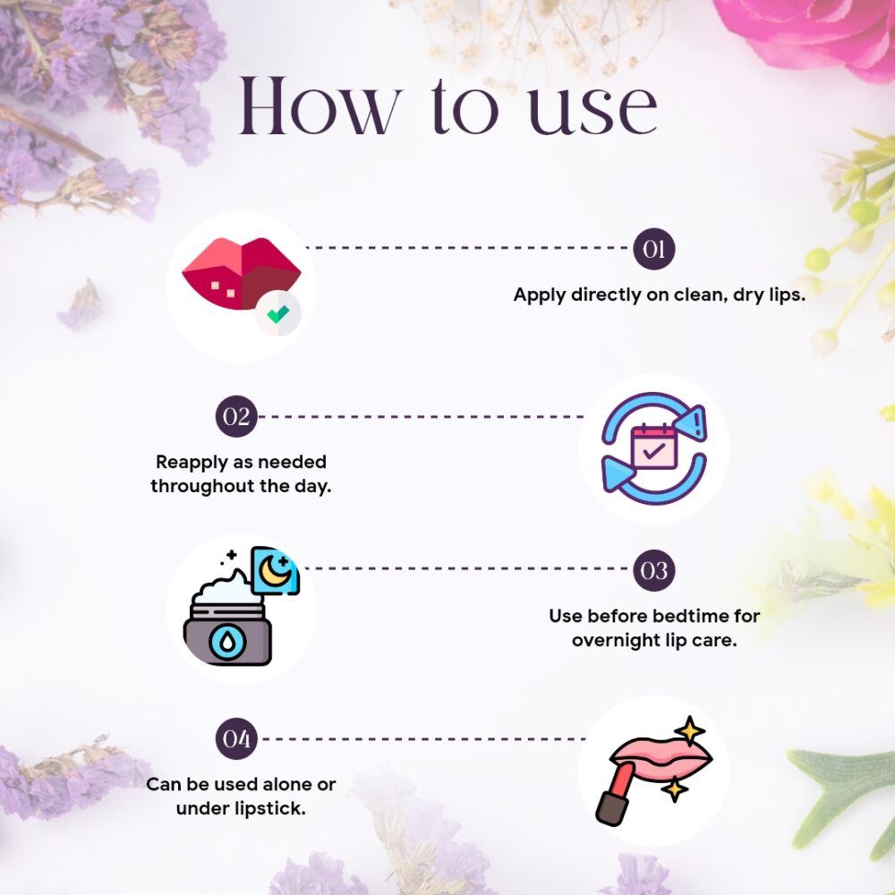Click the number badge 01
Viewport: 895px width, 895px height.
(x=654, y=249)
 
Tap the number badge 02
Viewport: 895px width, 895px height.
(x=236, y=416)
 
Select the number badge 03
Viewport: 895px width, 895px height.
(x=654, y=570)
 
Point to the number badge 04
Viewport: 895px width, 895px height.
(x=236, y=738)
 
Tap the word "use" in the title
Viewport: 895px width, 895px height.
(x=592, y=112)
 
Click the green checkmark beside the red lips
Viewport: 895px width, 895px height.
(x=278, y=313)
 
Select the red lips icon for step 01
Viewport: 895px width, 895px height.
(x=242, y=273)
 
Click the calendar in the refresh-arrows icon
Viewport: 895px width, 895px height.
(x=653, y=447)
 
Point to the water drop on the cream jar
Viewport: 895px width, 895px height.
(x=227, y=642)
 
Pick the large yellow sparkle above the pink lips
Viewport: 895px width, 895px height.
(x=689, y=731)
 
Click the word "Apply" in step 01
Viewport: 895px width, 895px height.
(x=540, y=295)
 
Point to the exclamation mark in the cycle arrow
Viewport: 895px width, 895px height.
(x=697, y=423)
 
